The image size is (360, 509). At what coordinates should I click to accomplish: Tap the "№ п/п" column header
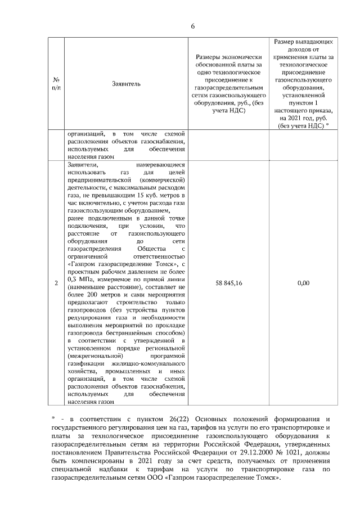tap(57, 84)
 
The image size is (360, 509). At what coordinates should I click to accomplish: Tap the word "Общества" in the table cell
tap(150, 249)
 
